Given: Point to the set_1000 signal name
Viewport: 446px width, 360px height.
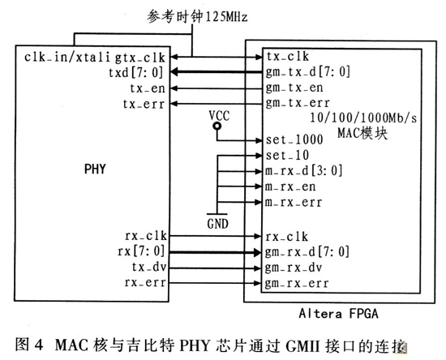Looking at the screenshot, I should (289, 139).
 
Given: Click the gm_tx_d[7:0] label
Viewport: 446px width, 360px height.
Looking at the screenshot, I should (304, 71).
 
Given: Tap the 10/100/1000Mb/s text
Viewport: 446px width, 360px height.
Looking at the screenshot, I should (352, 118).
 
